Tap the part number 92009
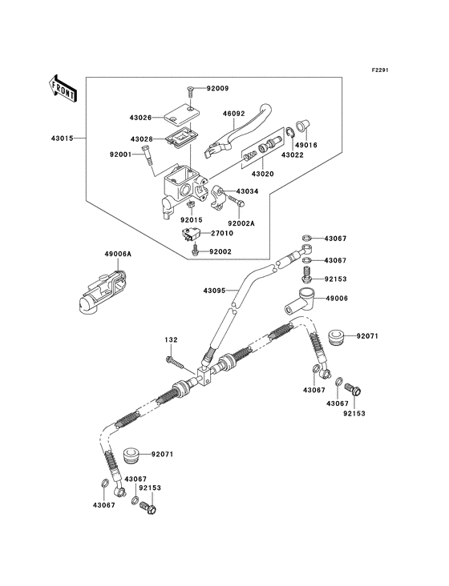tap(217, 89)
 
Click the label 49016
tap(305, 146)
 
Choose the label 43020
tap(263, 173)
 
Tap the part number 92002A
tap(241, 223)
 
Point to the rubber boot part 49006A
tap(97, 297)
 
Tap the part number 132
tap(171, 339)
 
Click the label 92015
tap(189, 220)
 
